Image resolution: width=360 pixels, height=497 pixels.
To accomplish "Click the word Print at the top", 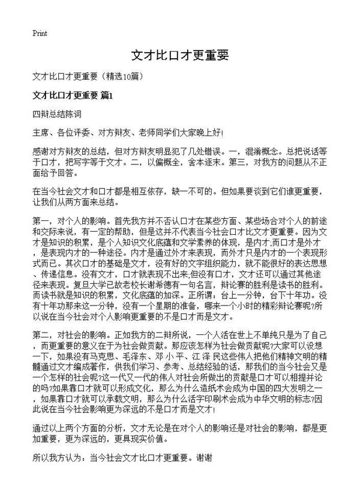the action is (x=40, y=32).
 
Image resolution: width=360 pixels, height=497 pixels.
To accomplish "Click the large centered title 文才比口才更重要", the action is (x=180, y=55).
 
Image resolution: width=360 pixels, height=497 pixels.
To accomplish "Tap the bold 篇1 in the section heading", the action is (x=107, y=94).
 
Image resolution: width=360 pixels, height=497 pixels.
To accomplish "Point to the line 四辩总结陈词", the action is (x=57, y=113).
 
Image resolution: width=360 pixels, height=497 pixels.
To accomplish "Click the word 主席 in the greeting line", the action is (x=43, y=131).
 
